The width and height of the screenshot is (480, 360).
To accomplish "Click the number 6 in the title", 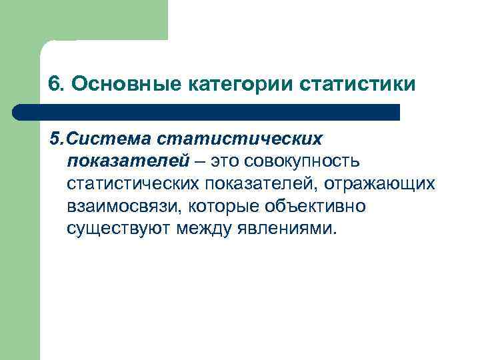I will pyautogui.click(x=54, y=85).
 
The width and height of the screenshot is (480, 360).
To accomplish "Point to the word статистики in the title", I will pyautogui.click(x=358, y=85).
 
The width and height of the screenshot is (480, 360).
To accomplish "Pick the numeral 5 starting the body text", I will pyautogui.click(x=54, y=139).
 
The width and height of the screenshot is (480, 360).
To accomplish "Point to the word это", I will pyautogui.click(x=223, y=161).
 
